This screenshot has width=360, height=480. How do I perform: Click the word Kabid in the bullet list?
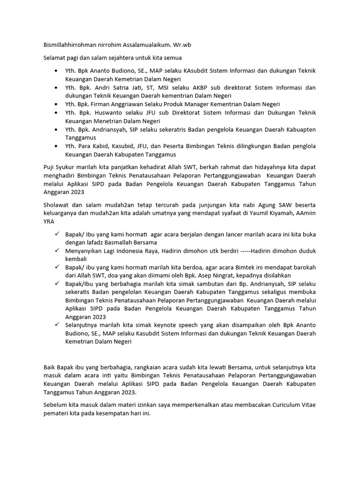[x=99, y=146]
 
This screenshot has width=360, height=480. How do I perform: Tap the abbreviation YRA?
[x=49, y=222]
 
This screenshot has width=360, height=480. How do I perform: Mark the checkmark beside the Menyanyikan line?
[x=56, y=251]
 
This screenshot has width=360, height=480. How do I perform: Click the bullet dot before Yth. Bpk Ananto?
[x=56, y=71]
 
